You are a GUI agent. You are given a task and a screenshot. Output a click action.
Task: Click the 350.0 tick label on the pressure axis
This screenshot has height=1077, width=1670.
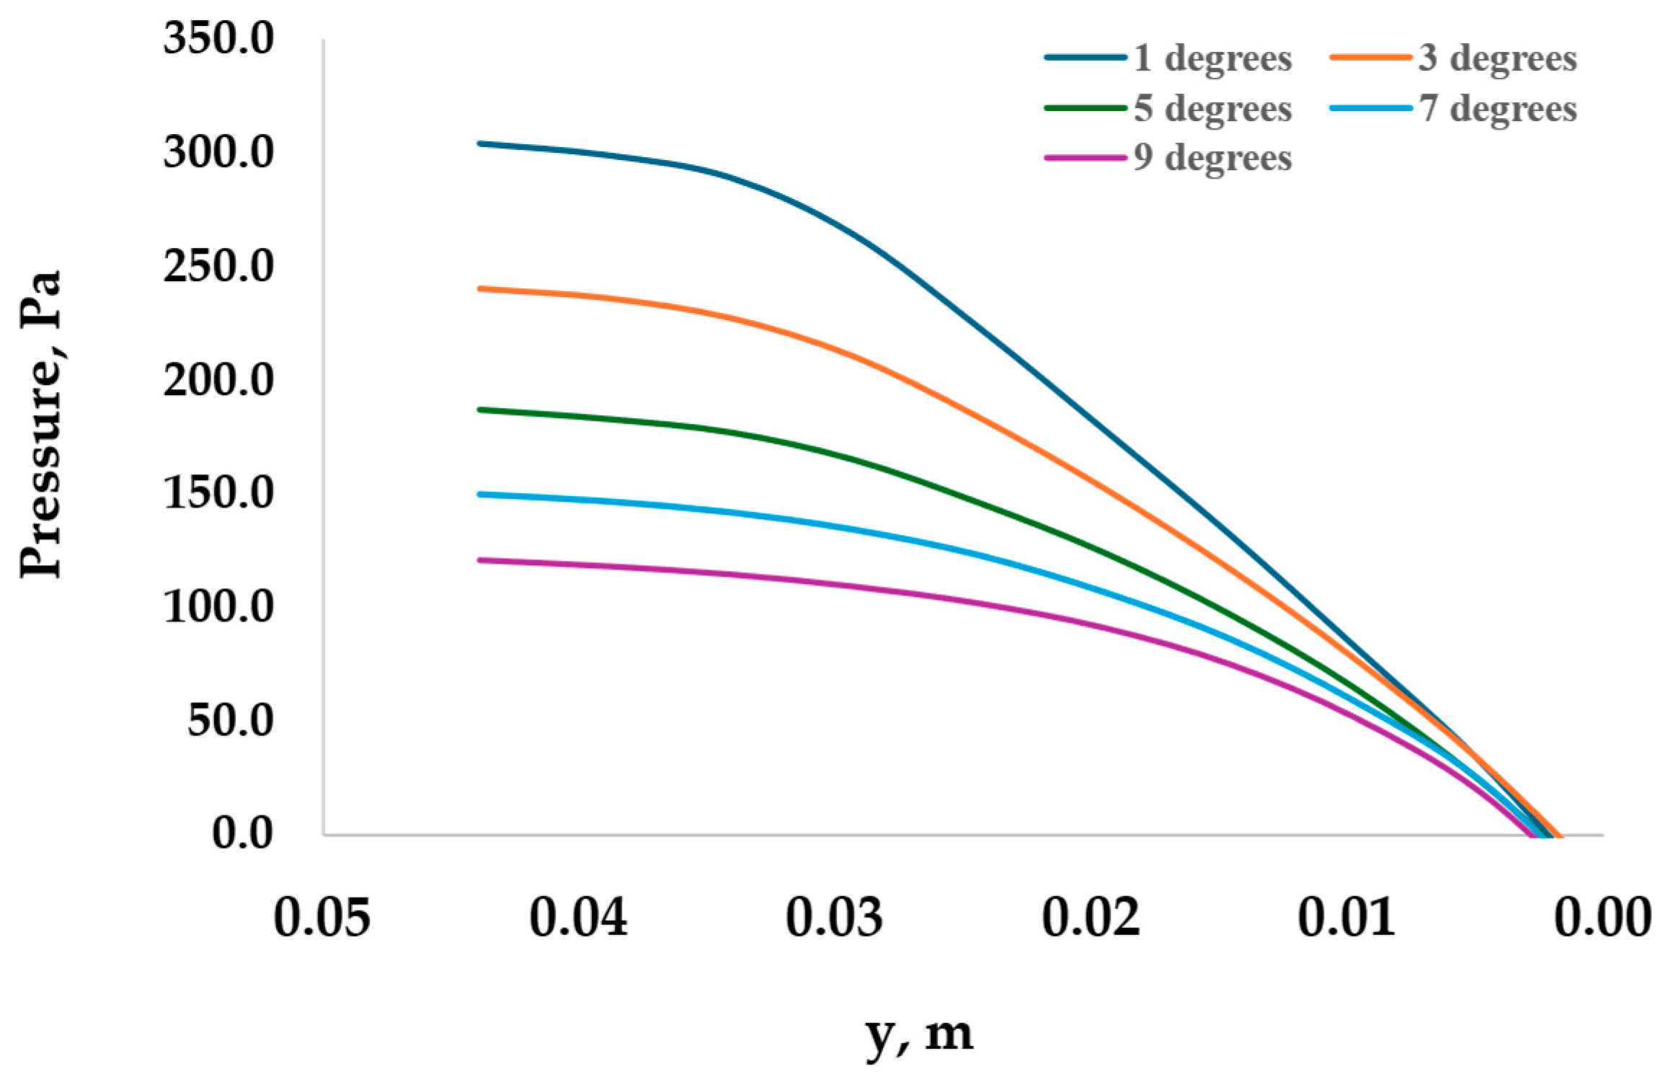click(218, 38)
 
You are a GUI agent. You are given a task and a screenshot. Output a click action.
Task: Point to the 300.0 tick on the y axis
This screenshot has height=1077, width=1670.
click(218, 152)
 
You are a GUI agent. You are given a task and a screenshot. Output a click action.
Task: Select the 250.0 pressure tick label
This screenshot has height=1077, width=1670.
click(218, 266)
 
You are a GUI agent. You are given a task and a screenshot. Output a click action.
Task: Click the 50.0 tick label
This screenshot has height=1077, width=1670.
click(230, 720)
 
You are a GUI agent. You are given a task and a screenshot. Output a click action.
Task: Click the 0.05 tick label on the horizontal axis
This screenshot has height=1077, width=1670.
click(322, 919)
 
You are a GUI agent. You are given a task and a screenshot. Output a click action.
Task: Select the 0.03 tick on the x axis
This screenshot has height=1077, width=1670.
click(834, 919)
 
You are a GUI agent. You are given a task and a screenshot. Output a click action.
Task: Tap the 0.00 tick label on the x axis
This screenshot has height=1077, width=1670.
click(1602, 919)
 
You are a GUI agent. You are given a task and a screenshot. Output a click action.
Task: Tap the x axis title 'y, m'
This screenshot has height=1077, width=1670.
click(919, 1035)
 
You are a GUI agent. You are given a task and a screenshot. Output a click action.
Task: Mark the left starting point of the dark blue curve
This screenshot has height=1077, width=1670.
click(480, 143)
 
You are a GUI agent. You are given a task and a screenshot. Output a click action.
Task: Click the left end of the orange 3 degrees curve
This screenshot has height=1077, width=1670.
click(480, 289)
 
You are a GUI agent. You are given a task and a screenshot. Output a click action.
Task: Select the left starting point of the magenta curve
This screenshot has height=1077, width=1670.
click(480, 560)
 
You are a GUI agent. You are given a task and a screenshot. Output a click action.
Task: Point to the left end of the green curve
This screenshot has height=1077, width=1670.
click(480, 409)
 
